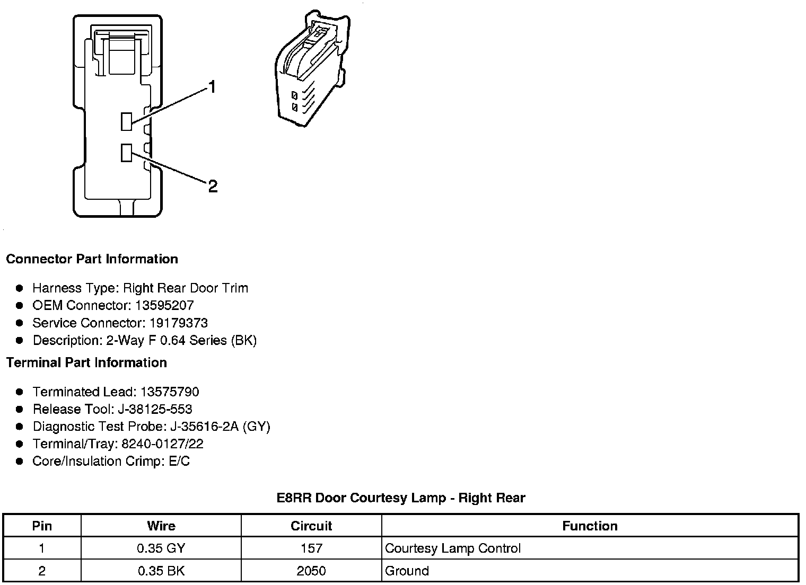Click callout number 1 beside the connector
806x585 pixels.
(x=212, y=87)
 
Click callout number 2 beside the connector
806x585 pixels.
(x=213, y=186)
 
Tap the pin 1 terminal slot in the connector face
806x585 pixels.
(x=126, y=121)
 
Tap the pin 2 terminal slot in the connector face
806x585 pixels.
(x=126, y=153)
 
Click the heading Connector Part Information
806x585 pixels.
(x=92, y=259)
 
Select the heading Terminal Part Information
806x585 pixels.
(x=86, y=362)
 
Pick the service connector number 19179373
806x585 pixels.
(x=178, y=323)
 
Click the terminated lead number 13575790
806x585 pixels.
(x=170, y=392)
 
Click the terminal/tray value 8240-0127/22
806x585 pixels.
(x=162, y=444)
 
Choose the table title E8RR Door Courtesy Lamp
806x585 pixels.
(x=401, y=498)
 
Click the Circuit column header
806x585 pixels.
(x=311, y=526)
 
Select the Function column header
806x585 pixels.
(x=590, y=526)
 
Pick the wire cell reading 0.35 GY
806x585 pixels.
(x=161, y=548)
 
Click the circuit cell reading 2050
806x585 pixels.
(x=311, y=571)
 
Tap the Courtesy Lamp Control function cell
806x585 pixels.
(x=453, y=548)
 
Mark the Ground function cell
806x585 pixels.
(x=407, y=571)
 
